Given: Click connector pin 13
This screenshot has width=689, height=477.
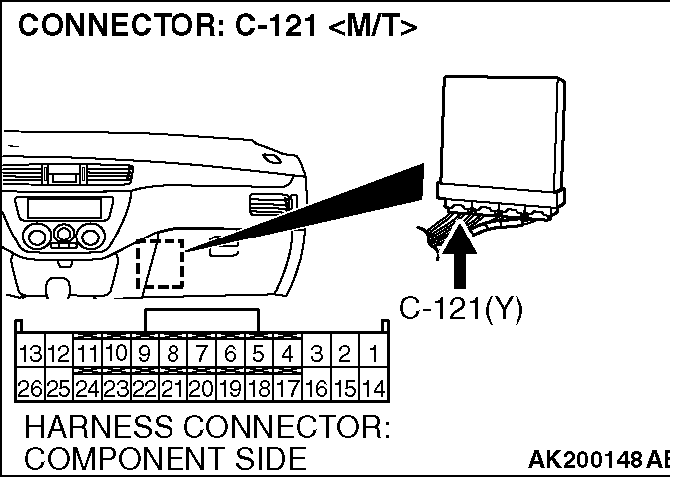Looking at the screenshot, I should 29,353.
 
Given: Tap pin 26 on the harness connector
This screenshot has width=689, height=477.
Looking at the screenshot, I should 29,387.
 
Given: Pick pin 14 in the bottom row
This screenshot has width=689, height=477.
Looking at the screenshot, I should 374,387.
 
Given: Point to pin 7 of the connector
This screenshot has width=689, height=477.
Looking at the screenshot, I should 201,353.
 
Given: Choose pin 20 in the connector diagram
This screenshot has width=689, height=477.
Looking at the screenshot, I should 201,387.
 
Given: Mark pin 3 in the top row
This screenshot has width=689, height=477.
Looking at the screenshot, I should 317,353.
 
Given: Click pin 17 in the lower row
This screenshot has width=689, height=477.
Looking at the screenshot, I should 288,387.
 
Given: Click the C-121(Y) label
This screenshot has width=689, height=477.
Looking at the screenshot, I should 461,309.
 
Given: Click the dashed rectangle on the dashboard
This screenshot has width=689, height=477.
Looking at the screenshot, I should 160,263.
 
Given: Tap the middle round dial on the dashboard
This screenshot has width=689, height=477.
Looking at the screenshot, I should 65,237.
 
